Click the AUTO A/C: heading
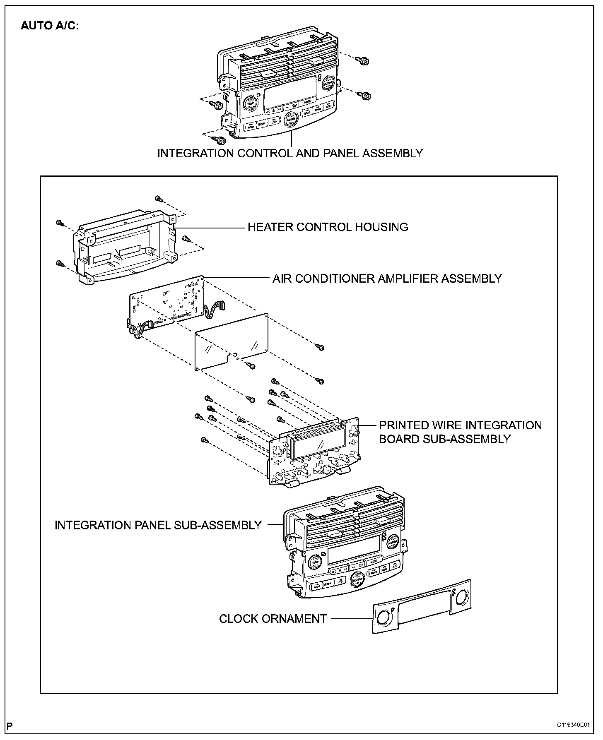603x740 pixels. coord(49,26)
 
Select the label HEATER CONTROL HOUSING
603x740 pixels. coord(328,227)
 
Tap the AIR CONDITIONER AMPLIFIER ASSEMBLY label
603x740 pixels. coord(387,278)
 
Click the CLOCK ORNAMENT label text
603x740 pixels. coord(273,619)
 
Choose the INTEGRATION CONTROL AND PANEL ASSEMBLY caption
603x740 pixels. coord(290,153)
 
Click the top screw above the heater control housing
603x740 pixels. coord(158,199)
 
